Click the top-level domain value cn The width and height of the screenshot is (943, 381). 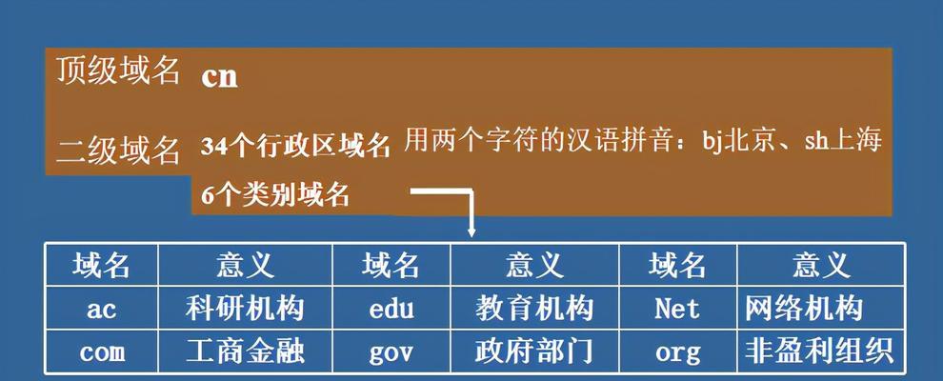(x=219, y=77)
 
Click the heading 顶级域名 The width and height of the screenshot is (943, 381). (x=118, y=70)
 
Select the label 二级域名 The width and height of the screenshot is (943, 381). (x=118, y=150)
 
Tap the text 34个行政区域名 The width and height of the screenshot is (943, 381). (x=296, y=147)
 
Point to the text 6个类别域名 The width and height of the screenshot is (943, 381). (x=275, y=195)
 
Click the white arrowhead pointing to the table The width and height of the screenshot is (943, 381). (x=471, y=231)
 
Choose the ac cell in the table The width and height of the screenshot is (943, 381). (x=101, y=309)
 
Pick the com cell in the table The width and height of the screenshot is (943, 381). (x=102, y=352)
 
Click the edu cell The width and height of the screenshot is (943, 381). (x=391, y=309)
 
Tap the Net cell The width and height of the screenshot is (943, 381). (x=677, y=309)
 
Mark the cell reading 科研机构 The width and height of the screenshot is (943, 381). (x=245, y=309)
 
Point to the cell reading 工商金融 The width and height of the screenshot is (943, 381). (x=245, y=352)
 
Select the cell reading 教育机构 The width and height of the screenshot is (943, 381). (x=534, y=309)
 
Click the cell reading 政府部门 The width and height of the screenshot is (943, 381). (x=534, y=352)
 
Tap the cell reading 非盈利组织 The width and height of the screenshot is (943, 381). (x=819, y=352)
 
